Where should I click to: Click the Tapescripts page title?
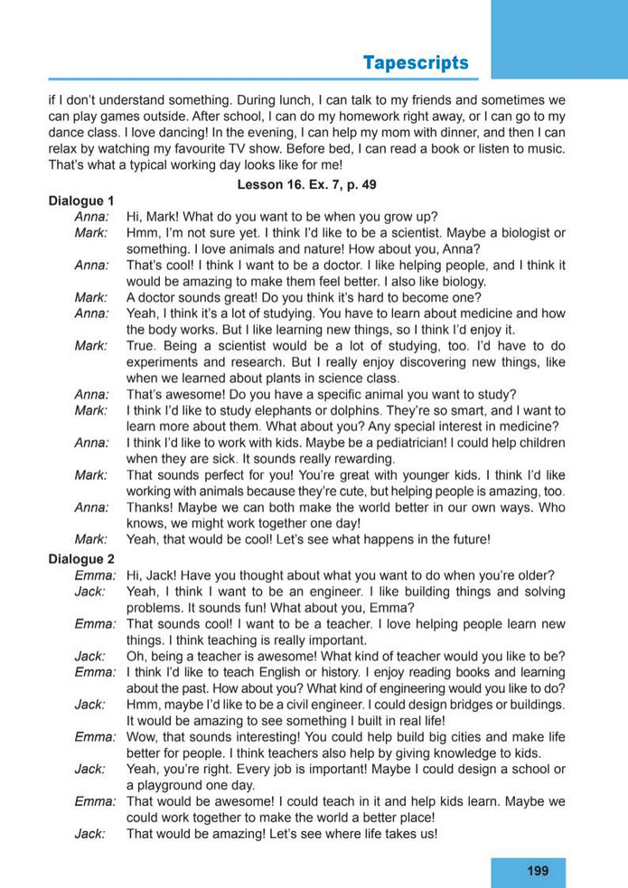pyautogui.click(x=416, y=62)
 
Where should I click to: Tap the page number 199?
pyautogui.click(x=537, y=871)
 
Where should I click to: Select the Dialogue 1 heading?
pyautogui.click(x=80, y=201)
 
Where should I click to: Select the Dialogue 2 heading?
pyautogui.click(x=80, y=558)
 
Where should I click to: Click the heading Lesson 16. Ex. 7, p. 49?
pyautogui.click(x=306, y=184)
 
